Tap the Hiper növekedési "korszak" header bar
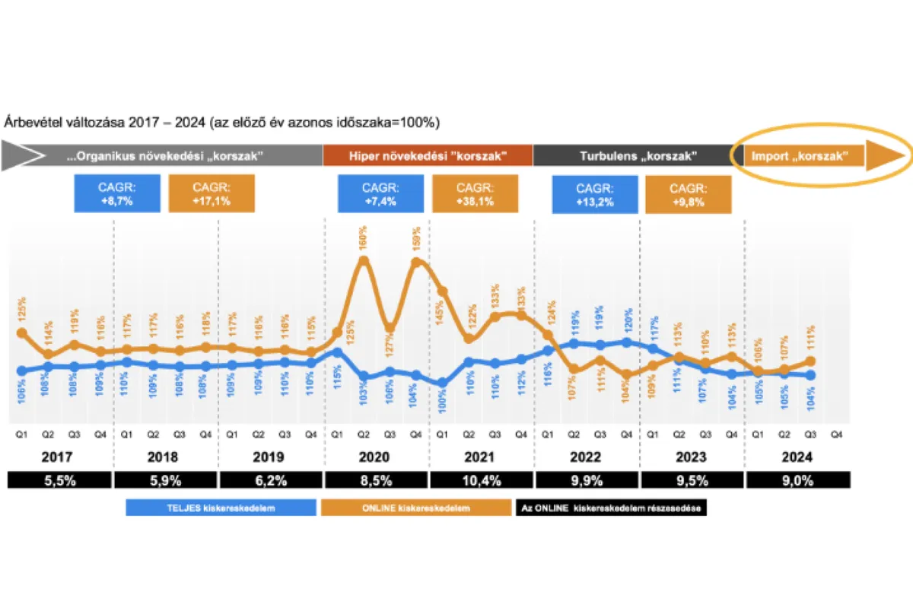(428, 156)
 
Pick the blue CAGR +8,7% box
(117, 193)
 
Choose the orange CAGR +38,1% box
(475, 193)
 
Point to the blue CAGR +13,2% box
(596, 193)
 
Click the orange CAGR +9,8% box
(688, 193)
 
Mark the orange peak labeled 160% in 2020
(364, 260)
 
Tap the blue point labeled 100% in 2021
(442, 384)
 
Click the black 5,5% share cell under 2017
(59, 480)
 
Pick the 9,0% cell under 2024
(797, 480)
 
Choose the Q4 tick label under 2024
(836, 435)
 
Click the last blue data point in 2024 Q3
(810, 375)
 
